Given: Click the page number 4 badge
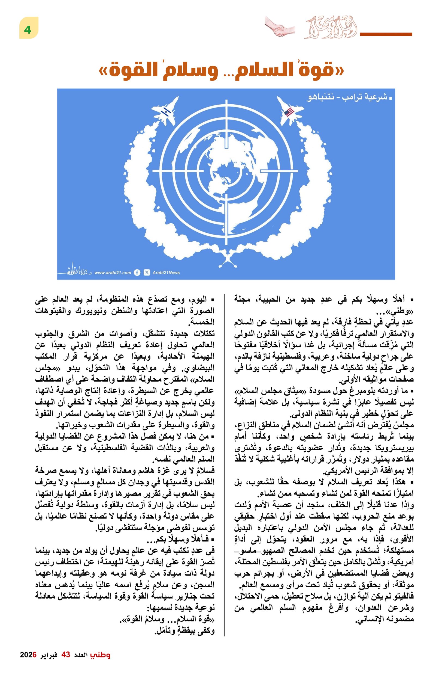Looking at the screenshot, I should tap(28, 28).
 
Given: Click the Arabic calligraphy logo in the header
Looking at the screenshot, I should tap(331, 28).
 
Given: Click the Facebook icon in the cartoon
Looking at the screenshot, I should tap(137, 273).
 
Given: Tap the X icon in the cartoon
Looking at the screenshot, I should tap(147, 273).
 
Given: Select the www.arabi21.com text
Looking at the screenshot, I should tap(113, 273).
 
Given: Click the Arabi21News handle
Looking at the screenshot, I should tap(166, 273).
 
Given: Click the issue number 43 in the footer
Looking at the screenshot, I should tap(66, 655).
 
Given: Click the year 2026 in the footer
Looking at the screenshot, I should tap(28, 655).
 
